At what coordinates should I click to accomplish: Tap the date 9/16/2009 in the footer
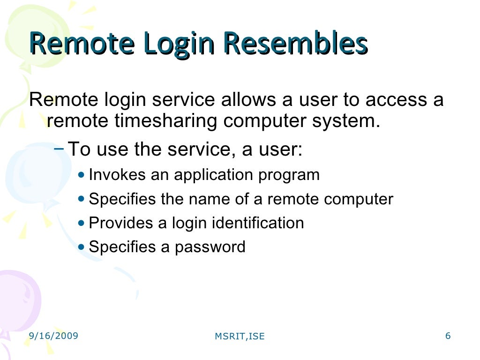tap(53, 336)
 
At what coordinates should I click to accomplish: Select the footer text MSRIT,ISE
tap(240, 336)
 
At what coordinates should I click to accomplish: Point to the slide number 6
tap(448, 336)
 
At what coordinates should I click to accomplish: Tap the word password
tap(210, 247)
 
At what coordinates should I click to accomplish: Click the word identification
tap(258, 223)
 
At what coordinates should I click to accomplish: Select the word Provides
tap(121, 223)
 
